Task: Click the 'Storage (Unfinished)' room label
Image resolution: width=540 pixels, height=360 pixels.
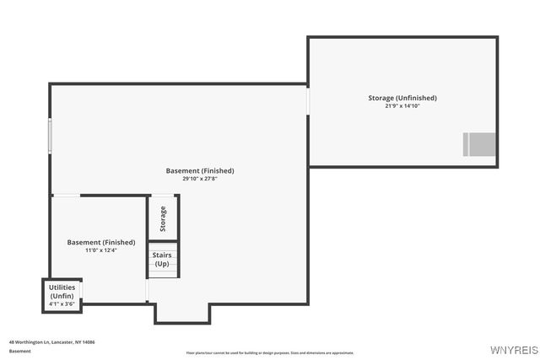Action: (402, 98)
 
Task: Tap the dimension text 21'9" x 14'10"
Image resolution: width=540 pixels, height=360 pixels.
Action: (402, 106)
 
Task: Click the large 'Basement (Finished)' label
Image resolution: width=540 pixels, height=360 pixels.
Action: (200, 170)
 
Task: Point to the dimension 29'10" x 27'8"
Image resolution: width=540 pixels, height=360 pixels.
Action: (200, 179)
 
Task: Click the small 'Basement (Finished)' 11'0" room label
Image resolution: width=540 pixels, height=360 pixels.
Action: (100, 242)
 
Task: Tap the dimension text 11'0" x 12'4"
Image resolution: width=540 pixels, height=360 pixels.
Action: (100, 250)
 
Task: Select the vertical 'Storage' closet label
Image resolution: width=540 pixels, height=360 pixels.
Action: (163, 219)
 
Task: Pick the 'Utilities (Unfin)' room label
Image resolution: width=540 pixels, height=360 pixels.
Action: (62, 292)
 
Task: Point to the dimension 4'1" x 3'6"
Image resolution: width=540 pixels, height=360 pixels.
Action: (62, 304)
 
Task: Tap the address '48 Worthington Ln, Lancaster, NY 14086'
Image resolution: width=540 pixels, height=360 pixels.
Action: (51, 342)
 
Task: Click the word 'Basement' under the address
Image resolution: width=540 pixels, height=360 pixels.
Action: (20, 351)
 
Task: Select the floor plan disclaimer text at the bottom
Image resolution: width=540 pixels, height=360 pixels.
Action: (270, 352)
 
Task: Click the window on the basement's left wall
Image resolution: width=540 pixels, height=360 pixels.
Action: (50, 136)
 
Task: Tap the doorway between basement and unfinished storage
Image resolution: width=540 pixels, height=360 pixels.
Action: (308, 101)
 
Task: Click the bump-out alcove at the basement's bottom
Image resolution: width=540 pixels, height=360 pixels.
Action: (181, 313)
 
